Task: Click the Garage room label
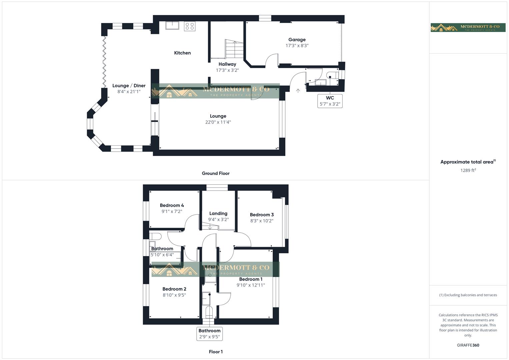click(x=297, y=40)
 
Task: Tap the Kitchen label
click(x=182, y=53)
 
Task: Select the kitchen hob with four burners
click(x=190, y=26)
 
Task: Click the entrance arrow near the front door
click(x=298, y=90)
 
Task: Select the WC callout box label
click(x=330, y=101)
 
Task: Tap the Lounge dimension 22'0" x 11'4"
click(x=218, y=122)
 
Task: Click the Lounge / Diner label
click(x=129, y=86)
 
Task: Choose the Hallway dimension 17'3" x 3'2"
click(x=227, y=70)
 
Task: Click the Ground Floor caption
click(x=216, y=173)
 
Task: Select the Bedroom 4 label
click(x=172, y=205)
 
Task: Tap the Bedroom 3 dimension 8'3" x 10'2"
click(x=262, y=221)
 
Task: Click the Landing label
click(x=218, y=213)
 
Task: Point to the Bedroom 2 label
click(x=174, y=289)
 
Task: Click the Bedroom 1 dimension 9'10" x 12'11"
click(x=251, y=285)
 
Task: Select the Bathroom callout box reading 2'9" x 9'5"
click(x=209, y=334)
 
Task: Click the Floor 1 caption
click(x=216, y=352)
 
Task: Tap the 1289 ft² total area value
click(x=468, y=170)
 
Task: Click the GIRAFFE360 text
click(x=468, y=345)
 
